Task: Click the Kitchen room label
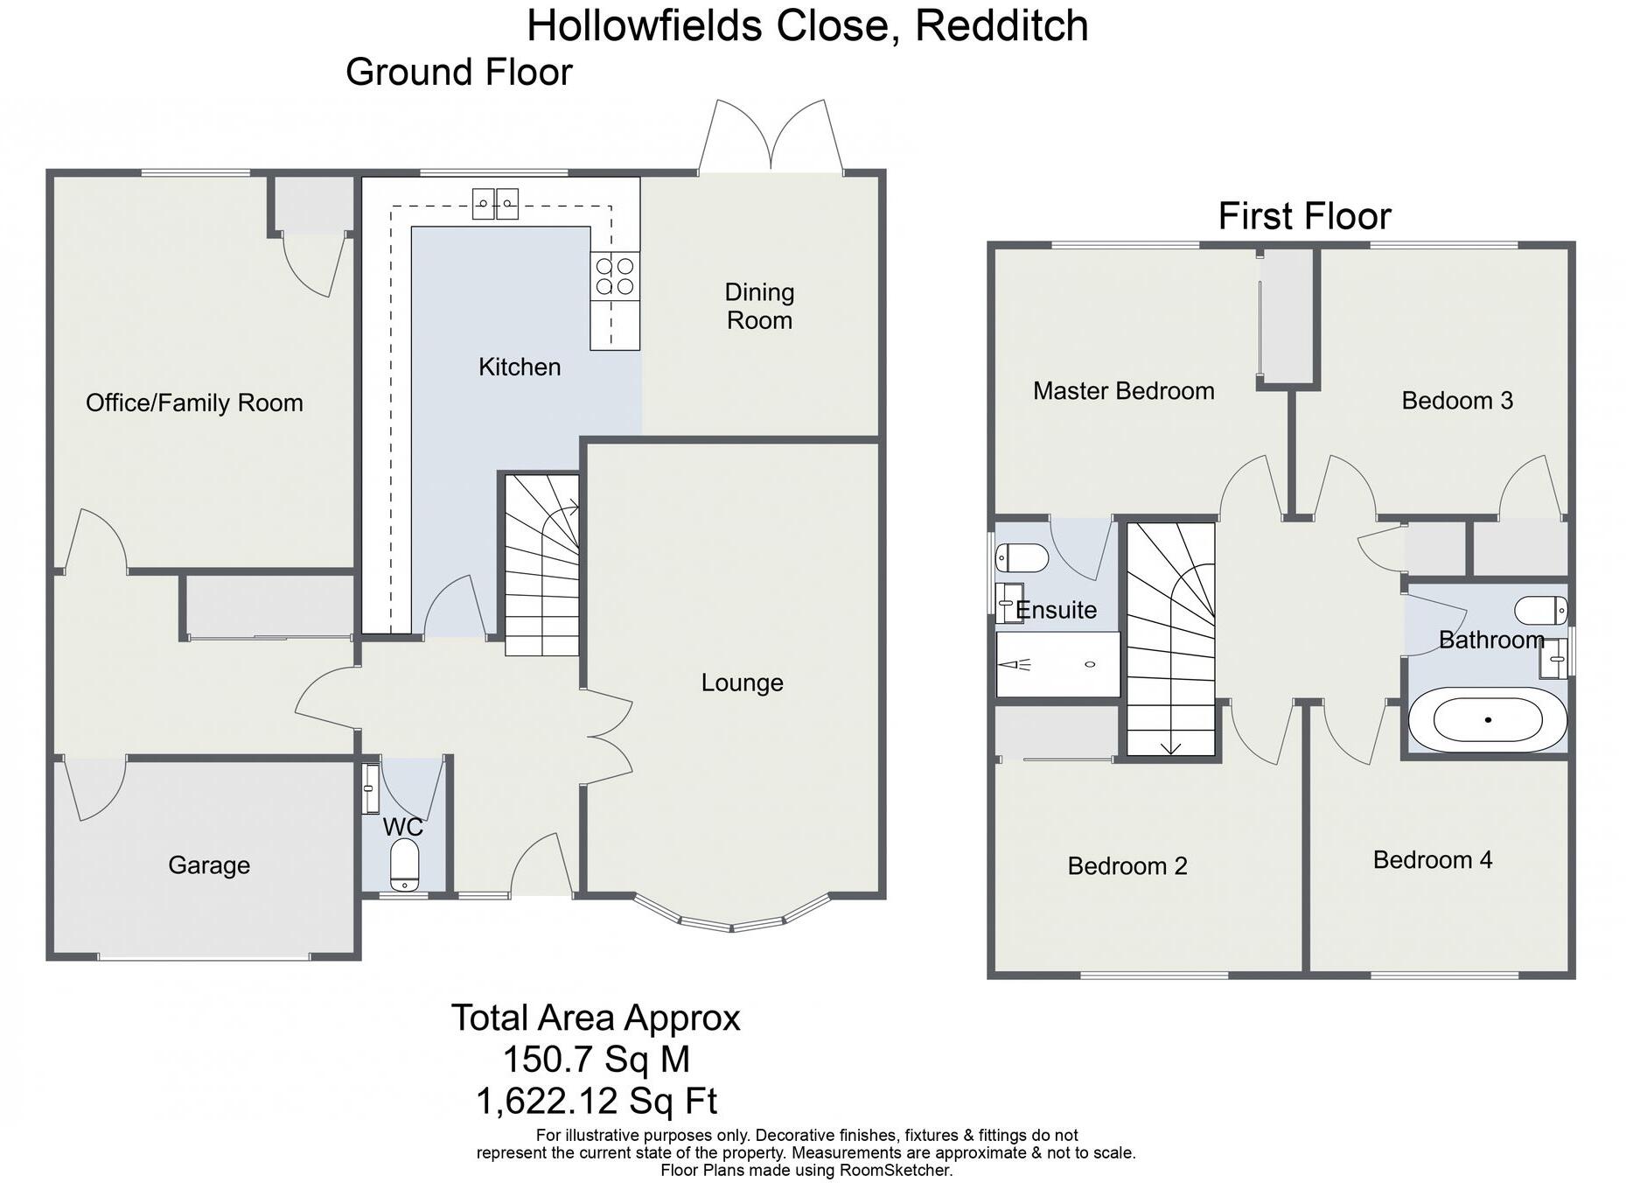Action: (x=520, y=367)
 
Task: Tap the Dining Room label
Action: (x=759, y=306)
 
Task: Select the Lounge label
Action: (x=742, y=682)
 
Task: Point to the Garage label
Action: (x=209, y=865)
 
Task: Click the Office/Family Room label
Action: (x=194, y=402)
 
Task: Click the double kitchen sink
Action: (x=495, y=204)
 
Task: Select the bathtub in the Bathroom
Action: (x=1487, y=720)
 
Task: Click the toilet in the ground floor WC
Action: (x=404, y=864)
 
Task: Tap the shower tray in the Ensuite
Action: (x=1058, y=665)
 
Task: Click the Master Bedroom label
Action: (x=1123, y=391)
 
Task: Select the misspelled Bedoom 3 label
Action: (x=1456, y=401)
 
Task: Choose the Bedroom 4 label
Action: (x=1432, y=860)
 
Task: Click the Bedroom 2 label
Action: (x=1127, y=866)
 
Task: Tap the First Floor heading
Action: (x=1304, y=216)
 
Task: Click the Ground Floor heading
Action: (x=459, y=72)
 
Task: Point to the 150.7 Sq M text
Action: (x=596, y=1060)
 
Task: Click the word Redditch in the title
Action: (x=1001, y=25)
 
